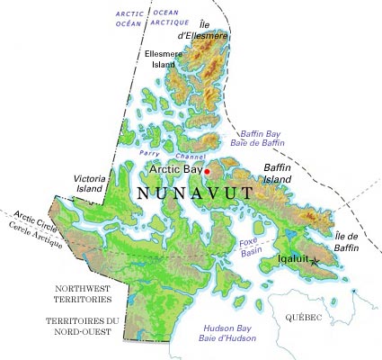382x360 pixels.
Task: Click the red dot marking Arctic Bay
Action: [207, 171]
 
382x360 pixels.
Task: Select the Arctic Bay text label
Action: [175, 169]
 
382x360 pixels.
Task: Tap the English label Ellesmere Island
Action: [165, 59]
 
